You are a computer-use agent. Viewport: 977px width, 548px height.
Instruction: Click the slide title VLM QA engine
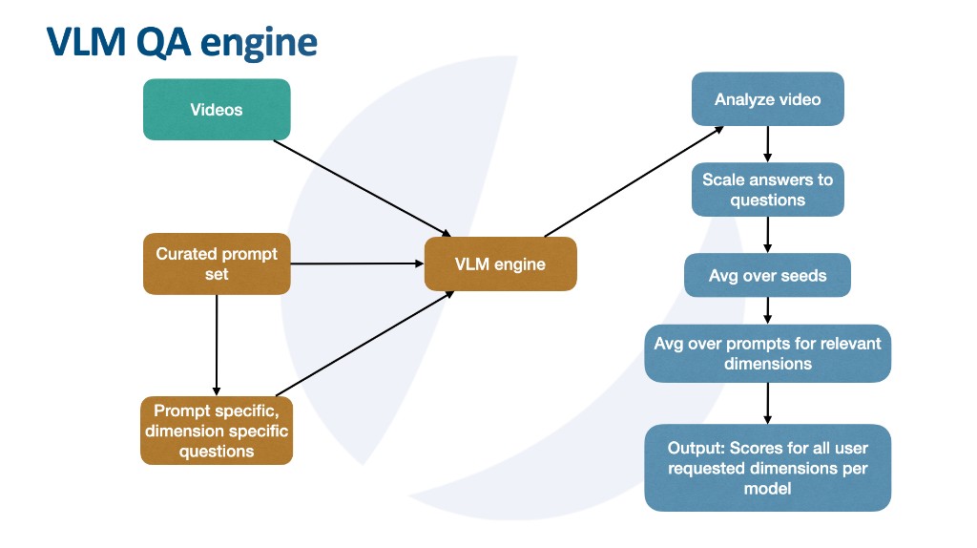coord(181,43)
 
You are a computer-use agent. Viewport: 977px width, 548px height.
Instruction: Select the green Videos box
coord(217,110)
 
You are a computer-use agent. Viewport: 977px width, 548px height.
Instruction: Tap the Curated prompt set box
coord(217,263)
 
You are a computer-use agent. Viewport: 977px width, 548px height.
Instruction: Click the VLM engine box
coord(500,263)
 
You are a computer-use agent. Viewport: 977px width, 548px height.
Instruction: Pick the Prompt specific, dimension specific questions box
coord(217,431)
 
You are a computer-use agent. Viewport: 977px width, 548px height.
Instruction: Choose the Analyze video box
coord(767,99)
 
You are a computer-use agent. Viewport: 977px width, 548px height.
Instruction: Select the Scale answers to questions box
coord(767,189)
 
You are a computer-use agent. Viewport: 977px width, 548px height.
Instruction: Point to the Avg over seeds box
coord(767,276)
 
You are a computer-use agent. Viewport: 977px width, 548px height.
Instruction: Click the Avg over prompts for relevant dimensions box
coord(767,353)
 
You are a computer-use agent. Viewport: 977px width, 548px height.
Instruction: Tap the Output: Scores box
coord(767,467)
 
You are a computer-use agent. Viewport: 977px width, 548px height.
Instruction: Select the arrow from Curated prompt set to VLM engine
coord(358,263)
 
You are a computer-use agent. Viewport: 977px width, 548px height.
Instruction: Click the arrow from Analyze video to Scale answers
coord(767,144)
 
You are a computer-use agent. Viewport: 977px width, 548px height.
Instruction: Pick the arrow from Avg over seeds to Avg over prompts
coord(767,311)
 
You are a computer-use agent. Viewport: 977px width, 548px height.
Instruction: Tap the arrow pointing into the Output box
coord(767,403)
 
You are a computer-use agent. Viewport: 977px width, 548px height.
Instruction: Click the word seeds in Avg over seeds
coord(803,276)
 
